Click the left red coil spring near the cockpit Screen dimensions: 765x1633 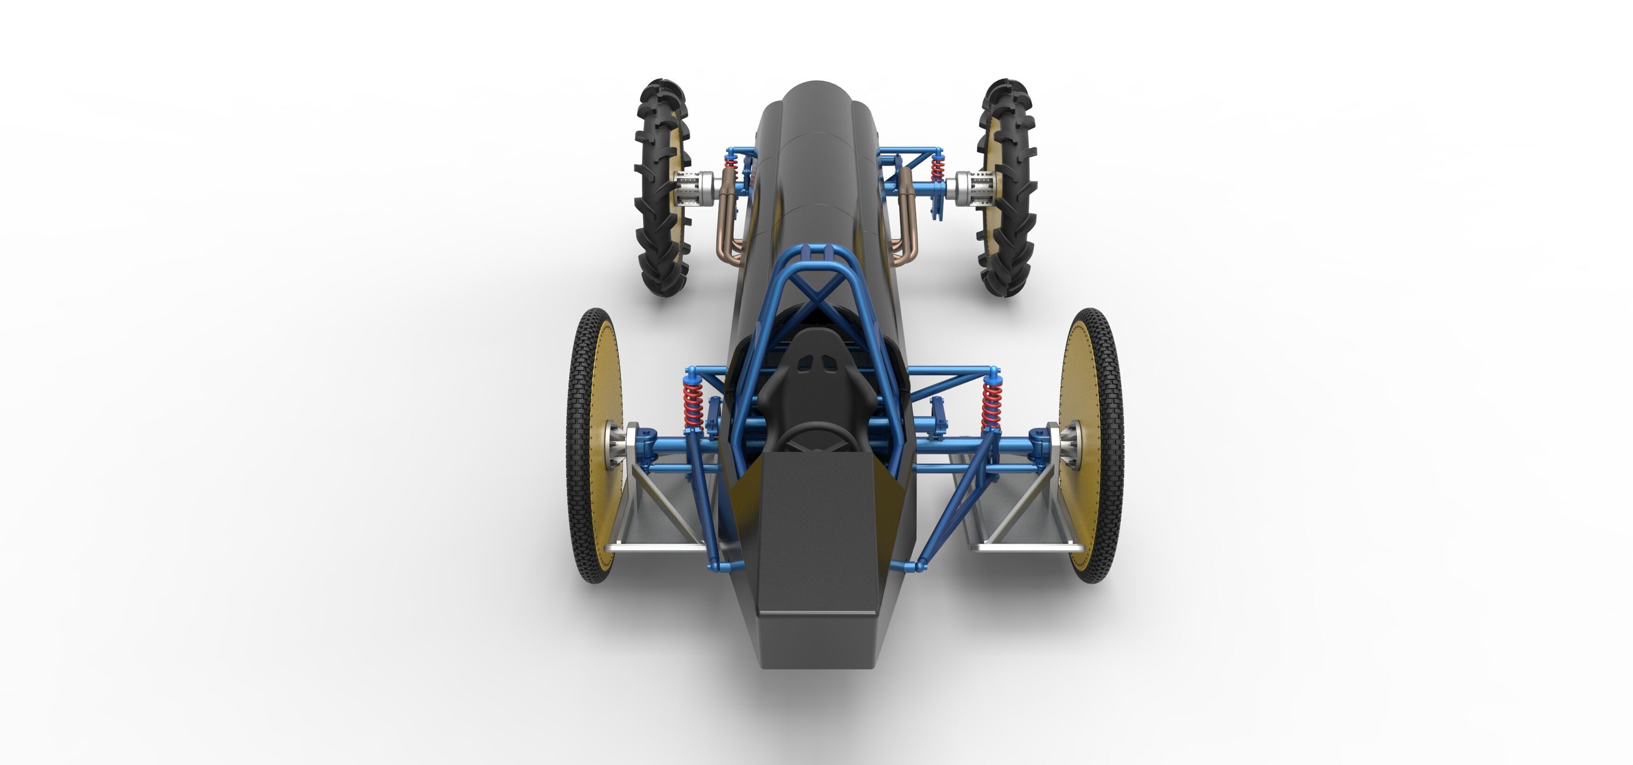point(693,402)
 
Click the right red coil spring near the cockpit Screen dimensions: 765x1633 point(991,402)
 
